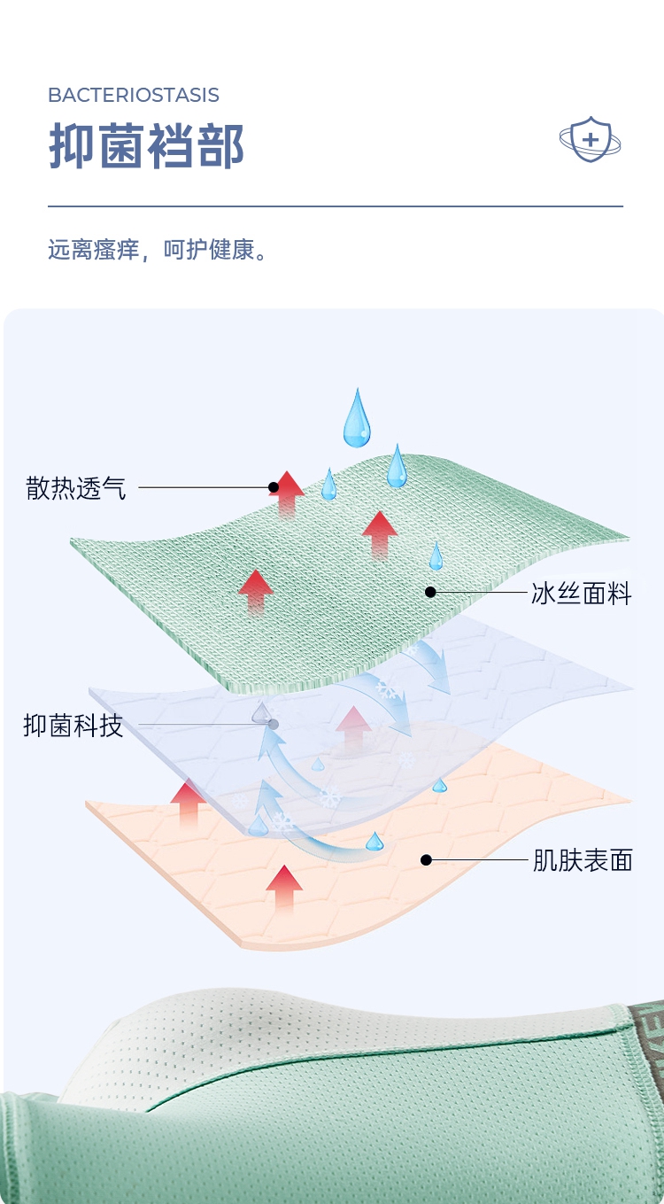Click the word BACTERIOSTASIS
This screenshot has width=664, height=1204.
coord(134,96)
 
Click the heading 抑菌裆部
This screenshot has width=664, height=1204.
coord(146,146)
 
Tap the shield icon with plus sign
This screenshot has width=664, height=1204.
coord(590,140)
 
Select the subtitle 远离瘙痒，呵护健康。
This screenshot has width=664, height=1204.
coord(158,251)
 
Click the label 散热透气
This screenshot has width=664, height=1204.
coord(76,488)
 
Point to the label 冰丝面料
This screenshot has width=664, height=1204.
coord(581,594)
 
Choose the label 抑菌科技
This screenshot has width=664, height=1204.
coord(73,726)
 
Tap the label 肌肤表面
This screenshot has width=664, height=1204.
coord(583,860)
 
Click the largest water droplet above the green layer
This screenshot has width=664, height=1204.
coord(357,419)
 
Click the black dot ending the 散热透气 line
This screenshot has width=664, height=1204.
coord(274,487)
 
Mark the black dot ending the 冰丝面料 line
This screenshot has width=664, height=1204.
coord(430,592)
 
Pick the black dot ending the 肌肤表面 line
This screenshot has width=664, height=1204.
coord(426,859)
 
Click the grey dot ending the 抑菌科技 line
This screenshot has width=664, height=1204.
coord(274,725)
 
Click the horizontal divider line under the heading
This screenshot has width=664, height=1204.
coord(335,206)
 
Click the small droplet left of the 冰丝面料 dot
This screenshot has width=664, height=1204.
coord(436,556)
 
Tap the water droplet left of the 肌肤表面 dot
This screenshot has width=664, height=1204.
coord(375,841)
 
